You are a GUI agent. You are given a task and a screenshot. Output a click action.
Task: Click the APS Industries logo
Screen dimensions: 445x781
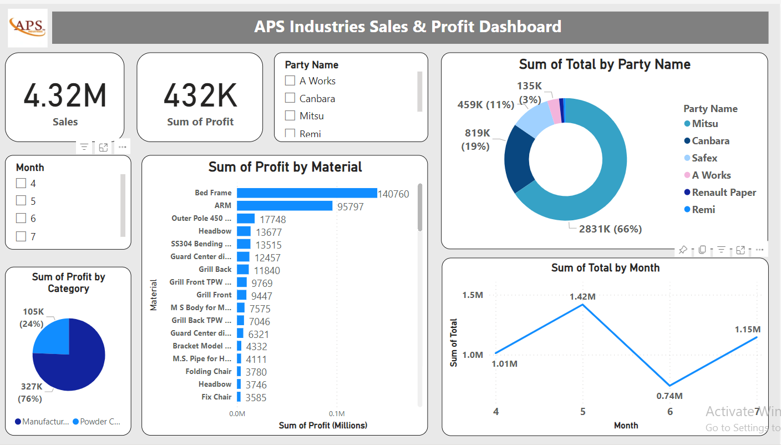[28, 28]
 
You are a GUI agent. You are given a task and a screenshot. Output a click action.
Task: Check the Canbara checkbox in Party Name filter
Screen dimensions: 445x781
[290, 98]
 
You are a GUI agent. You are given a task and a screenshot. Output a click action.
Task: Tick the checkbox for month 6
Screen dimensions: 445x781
[21, 218]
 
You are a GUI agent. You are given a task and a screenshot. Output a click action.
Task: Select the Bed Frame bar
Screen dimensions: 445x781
[306, 193]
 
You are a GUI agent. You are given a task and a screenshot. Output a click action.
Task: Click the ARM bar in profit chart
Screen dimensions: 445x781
[284, 206]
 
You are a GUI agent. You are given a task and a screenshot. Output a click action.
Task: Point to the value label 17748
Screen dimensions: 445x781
[273, 219]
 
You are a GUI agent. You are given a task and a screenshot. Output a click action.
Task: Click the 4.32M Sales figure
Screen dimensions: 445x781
[65, 95]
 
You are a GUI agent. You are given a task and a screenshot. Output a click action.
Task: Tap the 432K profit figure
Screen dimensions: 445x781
[200, 95]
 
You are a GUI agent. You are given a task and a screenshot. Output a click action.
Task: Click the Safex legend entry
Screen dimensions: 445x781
[704, 158]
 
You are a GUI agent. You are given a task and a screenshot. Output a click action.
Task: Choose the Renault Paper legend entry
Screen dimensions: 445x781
[723, 193]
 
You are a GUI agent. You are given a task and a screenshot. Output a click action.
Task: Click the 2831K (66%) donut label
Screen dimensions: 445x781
[610, 229]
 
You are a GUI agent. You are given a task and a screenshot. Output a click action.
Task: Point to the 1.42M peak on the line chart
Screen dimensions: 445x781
[582, 304]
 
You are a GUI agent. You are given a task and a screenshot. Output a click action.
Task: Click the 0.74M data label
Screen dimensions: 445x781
[670, 396]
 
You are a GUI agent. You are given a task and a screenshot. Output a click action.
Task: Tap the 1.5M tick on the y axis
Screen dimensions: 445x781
[473, 295]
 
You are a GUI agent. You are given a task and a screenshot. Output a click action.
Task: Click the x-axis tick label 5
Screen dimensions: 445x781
[582, 412]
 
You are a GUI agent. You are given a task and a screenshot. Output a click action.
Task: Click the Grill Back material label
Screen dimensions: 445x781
[215, 269]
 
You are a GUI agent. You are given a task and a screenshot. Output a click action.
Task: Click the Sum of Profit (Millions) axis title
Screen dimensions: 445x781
[323, 425]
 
